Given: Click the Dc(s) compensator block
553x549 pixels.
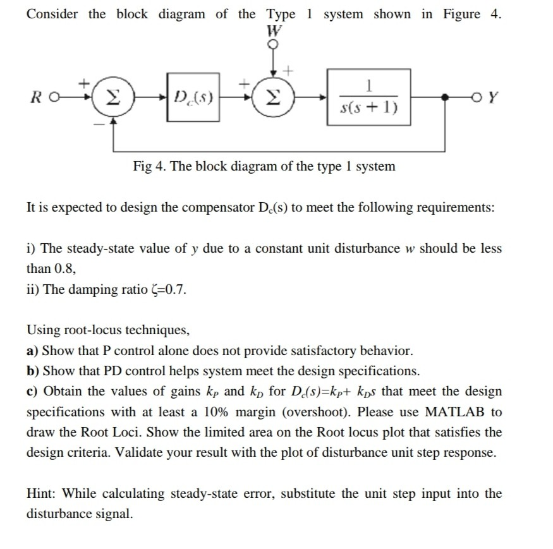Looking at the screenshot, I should (193, 99).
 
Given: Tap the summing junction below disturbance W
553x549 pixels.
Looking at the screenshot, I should (274, 99).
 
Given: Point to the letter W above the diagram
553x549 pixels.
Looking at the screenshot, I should (274, 30).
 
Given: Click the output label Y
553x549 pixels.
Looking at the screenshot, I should (494, 99).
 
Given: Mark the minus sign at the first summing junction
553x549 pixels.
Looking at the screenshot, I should (97, 124).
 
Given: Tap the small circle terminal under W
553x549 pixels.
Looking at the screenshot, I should (274, 44).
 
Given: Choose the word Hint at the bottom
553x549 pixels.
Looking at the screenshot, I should (42, 493).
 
